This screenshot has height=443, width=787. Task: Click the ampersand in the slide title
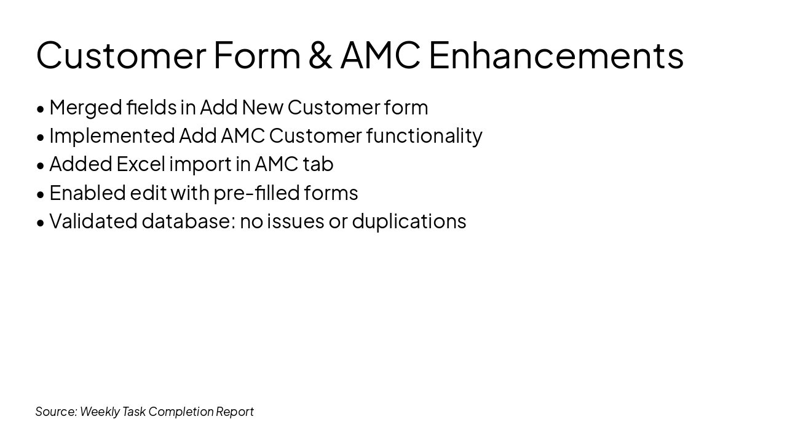click(x=320, y=55)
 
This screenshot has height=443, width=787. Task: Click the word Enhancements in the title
click(x=556, y=55)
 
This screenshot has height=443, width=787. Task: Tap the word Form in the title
click(x=257, y=55)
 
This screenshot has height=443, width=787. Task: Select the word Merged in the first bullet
click(x=85, y=108)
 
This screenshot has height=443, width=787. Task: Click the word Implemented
click(x=112, y=136)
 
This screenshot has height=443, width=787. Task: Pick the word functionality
click(x=424, y=137)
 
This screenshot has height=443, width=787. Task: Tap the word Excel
click(x=141, y=164)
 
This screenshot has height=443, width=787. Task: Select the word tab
click(x=318, y=164)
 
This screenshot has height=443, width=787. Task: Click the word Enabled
click(x=87, y=193)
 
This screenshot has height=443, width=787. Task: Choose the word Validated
click(x=93, y=221)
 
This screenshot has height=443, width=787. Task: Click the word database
click(x=189, y=221)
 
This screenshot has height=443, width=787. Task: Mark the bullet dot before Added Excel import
click(x=41, y=166)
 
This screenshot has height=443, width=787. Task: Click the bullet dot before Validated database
click(x=41, y=223)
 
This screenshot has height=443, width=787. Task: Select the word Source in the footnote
click(x=56, y=412)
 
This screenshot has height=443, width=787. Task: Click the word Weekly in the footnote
click(x=100, y=412)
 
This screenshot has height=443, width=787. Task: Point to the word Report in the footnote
click(x=235, y=412)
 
